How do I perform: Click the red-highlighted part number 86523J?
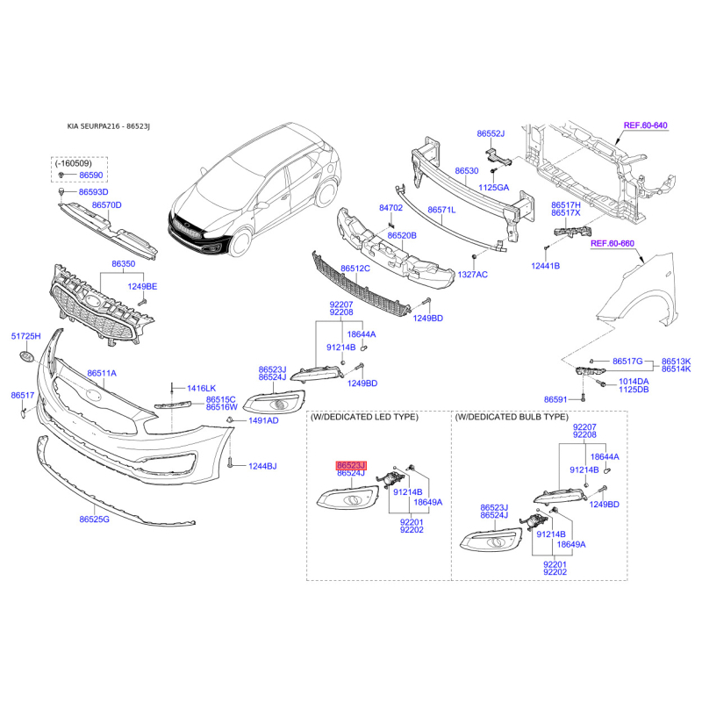tap(352, 466)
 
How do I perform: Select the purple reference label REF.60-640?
tap(646, 125)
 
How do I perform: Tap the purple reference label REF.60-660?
tap(612, 244)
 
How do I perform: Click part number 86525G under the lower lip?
tap(95, 519)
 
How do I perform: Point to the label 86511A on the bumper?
tap(102, 373)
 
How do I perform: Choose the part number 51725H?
tap(26, 336)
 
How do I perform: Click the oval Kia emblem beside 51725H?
tap(27, 358)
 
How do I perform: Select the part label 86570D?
tap(107, 205)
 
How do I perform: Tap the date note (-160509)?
tap(74, 163)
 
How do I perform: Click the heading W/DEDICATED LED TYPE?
tap(364, 417)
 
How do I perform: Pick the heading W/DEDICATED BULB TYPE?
tap(512, 417)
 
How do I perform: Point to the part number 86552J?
tap(491, 133)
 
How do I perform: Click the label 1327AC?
tap(473, 275)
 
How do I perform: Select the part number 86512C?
tap(355, 269)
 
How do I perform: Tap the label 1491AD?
tap(264, 420)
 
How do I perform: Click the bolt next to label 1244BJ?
tap(230, 463)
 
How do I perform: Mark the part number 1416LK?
tap(202, 389)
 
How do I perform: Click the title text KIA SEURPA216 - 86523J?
tap(108, 126)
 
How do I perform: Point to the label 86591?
tap(555, 399)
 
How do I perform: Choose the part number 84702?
tap(390, 208)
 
